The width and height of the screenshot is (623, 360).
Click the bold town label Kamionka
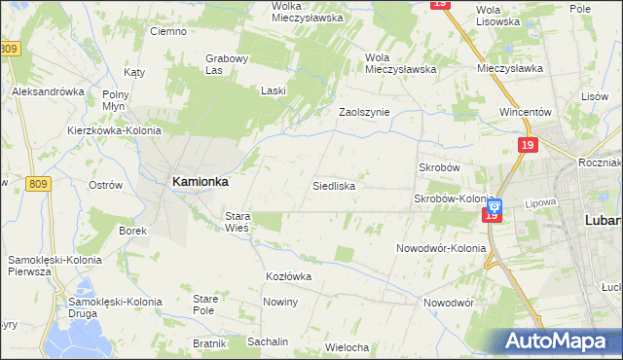click(200, 180)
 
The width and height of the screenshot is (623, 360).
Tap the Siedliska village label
click(333, 185)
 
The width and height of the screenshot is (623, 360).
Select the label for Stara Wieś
click(238, 221)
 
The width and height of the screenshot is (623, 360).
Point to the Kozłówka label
click(288, 276)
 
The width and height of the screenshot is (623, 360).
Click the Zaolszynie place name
click(363, 112)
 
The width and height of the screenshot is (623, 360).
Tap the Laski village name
click(273, 90)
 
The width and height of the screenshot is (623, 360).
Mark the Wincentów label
click(526, 112)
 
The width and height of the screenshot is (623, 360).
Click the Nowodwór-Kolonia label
click(441, 248)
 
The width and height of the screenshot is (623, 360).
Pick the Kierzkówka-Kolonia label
click(106, 129)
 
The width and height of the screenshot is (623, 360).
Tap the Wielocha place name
click(347, 347)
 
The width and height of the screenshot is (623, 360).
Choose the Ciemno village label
click(167, 31)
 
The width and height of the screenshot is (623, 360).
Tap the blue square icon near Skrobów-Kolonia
click(494, 205)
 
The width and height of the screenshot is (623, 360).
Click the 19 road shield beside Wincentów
click(527, 145)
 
